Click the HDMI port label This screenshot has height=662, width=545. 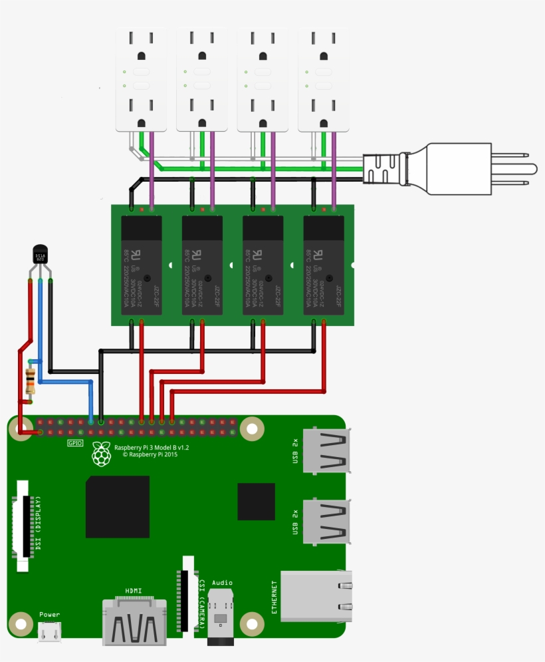133,591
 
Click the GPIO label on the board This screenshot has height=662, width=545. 75,442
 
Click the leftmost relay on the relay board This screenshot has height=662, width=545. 141,265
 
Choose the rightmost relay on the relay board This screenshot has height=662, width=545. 324,265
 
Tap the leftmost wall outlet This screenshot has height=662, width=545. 141,79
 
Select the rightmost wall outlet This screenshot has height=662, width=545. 324,79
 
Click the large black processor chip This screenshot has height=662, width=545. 117,506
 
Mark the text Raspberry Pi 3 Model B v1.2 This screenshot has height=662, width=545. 152,448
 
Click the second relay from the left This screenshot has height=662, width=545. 202,265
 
